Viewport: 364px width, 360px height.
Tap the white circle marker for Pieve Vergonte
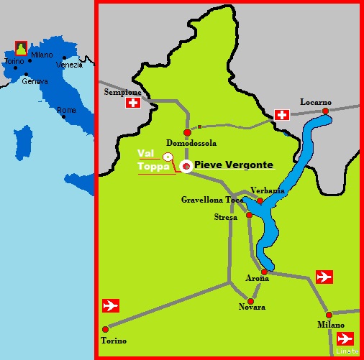tap(186, 167)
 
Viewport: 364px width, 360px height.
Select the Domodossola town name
tap(191, 142)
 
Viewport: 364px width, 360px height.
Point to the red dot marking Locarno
tap(325, 111)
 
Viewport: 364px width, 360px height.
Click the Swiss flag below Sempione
tap(132, 103)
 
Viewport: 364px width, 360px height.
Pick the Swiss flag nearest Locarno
tap(282, 115)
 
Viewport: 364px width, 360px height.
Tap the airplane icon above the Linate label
tap(346, 338)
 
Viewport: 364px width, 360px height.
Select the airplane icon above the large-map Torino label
tap(111, 305)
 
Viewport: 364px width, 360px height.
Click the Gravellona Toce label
tap(212, 199)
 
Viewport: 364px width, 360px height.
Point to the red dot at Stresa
tap(249, 215)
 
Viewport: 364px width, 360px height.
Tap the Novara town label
tap(252, 307)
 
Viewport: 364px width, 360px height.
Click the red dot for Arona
tap(264, 272)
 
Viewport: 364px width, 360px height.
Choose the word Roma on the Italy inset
tap(66, 110)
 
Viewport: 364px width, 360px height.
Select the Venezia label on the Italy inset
tap(69, 65)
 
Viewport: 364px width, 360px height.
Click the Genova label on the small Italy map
tap(35, 80)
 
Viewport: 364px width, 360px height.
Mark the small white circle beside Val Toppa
tap(167, 156)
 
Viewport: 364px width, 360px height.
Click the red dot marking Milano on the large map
tap(329, 315)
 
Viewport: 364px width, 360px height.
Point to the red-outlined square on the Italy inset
tap(21, 47)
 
